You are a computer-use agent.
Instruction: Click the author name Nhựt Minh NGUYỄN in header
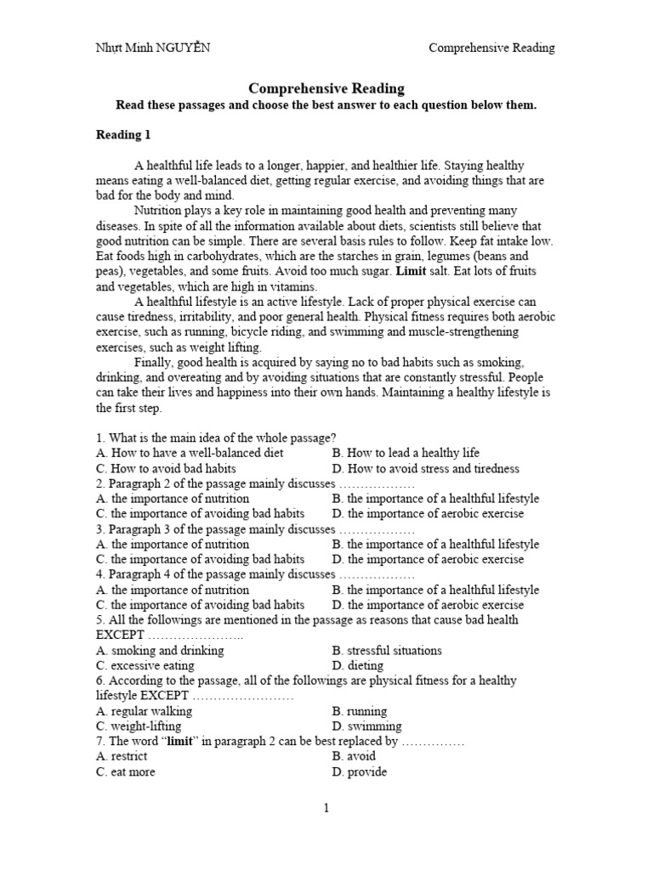(x=152, y=48)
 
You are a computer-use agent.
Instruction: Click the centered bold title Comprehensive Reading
(x=326, y=88)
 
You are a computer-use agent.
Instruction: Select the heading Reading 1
(x=124, y=134)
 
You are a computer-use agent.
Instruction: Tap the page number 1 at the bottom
(x=326, y=808)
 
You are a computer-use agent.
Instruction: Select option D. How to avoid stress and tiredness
(x=425, y=468)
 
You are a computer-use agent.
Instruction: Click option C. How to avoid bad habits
(x=166, y=468)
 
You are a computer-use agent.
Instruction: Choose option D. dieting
(x=358, y=665)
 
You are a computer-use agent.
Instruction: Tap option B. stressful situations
(x=387, y=650)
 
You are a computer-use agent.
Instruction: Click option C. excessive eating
(x=145, y=665)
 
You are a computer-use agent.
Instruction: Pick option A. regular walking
(x=144, y=711)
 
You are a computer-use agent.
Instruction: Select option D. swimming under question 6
(x=366, y=726)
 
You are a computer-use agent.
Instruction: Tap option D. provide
(x=360, y=771)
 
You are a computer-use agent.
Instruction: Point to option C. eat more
(x=126, y=771)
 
